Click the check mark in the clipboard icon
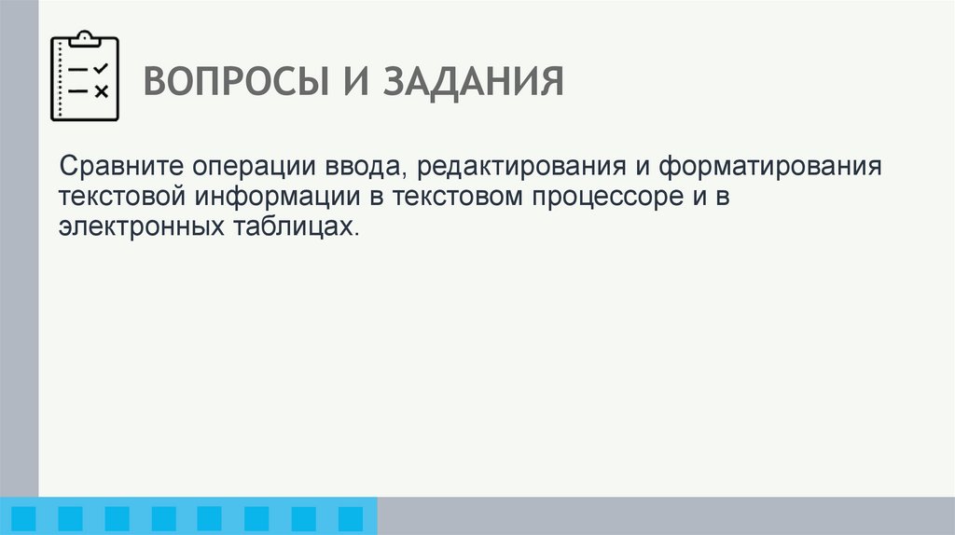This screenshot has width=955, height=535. click(102, 69)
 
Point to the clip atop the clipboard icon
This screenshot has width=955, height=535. click(85, 37)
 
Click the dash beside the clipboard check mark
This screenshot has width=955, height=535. click(78, 70)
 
